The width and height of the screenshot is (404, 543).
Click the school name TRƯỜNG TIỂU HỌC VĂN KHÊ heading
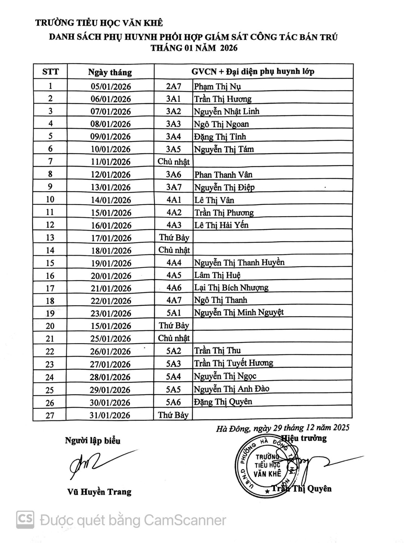(99, 23)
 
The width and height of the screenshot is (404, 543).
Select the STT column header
(50, 71)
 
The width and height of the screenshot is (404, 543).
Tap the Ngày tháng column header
(110, 72)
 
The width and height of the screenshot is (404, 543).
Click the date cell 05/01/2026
(111, 87)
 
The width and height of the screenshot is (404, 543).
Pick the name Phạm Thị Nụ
(217, 87)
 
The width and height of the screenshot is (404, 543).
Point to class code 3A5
(173, 149)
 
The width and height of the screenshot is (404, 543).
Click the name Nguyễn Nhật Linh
(227, 111)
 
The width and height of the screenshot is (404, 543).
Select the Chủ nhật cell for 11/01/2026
(173, 162)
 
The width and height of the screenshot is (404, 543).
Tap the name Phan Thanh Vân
(223, 174)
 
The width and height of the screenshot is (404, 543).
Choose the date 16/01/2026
(111, 225)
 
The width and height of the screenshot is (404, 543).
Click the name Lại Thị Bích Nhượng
(231, 288)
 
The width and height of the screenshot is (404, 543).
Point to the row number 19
(50, 313)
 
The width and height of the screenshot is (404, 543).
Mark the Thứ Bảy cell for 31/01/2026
(173, 415)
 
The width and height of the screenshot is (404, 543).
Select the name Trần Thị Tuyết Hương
(233, 363)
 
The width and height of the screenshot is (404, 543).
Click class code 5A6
(173, 402)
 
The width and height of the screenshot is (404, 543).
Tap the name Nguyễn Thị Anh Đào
(231, 389)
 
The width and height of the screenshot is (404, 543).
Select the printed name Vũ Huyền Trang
(99, 492)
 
